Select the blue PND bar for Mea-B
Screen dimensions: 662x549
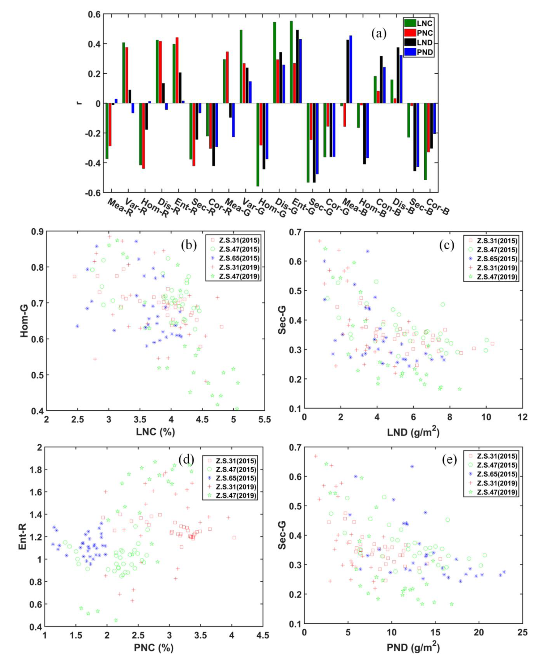[351, 69]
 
